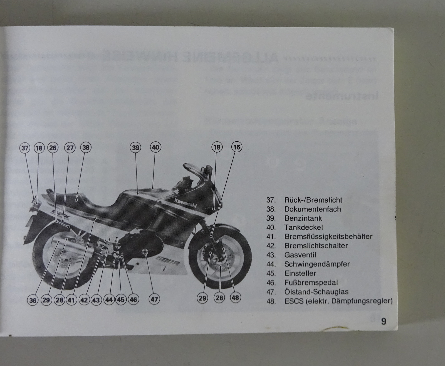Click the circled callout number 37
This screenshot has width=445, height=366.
pyautogui.click(x=25, y=148)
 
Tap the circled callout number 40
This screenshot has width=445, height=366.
pyautogui.click(x=155, y=147)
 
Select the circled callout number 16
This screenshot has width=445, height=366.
pyautogui.click(x=236, y=147)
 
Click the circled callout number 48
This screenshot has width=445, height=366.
pyautogui.click(x=235, y=298)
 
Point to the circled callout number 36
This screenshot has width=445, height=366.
pyautogui.click(x=33, y=300)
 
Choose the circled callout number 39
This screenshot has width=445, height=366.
pyautogui.click(x=135, y=148)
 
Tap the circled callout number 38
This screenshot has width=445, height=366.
pyautogui.click(x=86, y=147)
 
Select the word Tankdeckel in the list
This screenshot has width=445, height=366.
pyautogui.click(x=303, y=227)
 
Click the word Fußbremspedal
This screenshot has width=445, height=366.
pyautogui.click(x=311, y=283)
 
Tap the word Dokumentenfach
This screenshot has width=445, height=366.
pyautogui.click(x=312, y=209)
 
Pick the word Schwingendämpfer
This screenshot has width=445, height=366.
pyautogui.click(x=317, y=264)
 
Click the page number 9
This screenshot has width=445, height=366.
pyautogui.click(x=384, y=321)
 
